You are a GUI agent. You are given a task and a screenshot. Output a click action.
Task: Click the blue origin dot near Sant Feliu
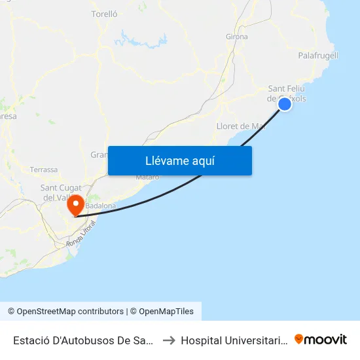(x=285, y=103)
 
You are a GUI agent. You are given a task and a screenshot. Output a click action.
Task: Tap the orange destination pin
(x=76, y=205)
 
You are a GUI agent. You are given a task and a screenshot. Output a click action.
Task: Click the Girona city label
(x=236, y=37)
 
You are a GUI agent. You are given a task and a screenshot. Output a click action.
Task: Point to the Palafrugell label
(x=318, y=56)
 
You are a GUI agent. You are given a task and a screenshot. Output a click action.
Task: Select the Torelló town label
(x=104, y=13)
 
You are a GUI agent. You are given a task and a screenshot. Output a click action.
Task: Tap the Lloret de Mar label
(x=240, y=126)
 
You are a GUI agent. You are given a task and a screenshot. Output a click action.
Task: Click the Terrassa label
(x=43, y=170)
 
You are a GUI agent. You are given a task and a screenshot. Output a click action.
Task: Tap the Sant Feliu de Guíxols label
(x=287, y=94)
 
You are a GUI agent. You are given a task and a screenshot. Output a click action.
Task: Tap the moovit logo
(x=321, y=339)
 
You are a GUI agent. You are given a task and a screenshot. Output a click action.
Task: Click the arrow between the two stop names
(x=168, y=340)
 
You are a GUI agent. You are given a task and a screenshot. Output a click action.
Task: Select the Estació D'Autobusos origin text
(x=84, y=340)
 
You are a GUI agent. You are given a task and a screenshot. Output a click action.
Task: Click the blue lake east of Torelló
(x=141, y=39)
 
